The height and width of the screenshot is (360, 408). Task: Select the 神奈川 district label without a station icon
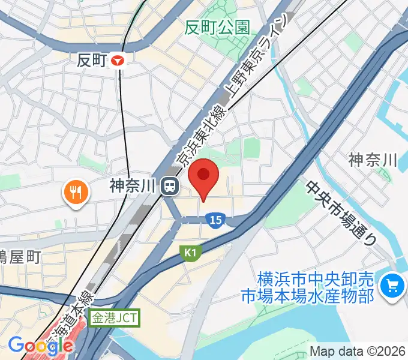click(x=373, y=160)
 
